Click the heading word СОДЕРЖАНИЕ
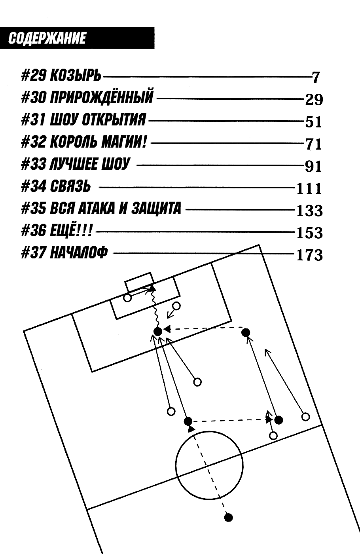click(x=47, y=38)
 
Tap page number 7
click(x=315, y=77)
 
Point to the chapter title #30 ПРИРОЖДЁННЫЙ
click(x=87, y=97)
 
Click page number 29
click(x=314, y=99)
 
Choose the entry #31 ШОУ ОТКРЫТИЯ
click(x=83, y=120)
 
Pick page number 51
click(x=313, y=122)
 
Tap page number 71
click(x=313, y=144)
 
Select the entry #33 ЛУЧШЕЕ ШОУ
click(x=75, y=164)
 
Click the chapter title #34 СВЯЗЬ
click(x=55, y=186)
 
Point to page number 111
click(x=309, y=189)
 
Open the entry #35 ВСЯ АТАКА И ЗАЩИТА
click(x=101, y=208)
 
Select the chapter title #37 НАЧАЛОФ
click(x=64, y=252)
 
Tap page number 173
click(x=309, y=255)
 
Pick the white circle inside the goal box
click(x=127, y=298)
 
